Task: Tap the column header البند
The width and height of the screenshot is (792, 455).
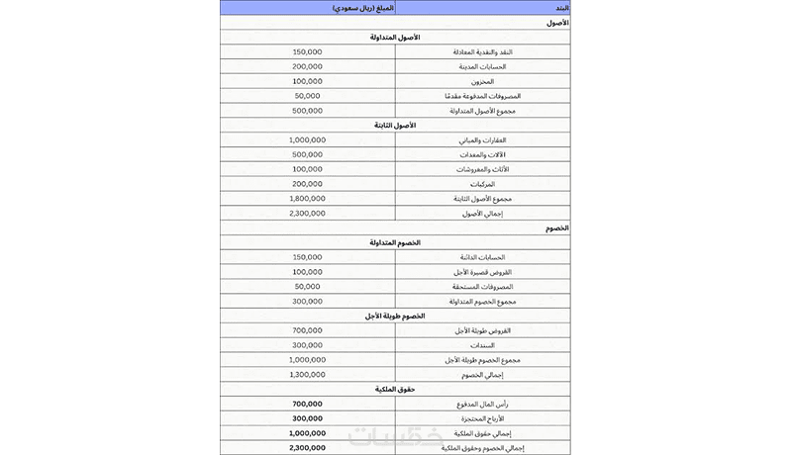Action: (560, 8)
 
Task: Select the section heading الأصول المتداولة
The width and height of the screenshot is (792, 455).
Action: (395, 37)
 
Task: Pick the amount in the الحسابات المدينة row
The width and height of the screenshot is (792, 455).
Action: (307, 66)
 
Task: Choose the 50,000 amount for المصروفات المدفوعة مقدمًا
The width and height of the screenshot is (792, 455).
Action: (307, 96)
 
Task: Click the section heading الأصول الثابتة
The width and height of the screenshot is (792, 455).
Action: (395, 126)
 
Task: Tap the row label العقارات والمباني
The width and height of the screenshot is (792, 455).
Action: (499, 139)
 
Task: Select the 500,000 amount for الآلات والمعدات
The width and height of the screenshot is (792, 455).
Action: (307, 154)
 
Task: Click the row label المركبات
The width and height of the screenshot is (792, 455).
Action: (509, 184)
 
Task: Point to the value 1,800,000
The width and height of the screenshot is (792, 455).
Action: (307, 199)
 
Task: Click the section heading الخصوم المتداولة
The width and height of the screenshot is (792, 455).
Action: (395, 242)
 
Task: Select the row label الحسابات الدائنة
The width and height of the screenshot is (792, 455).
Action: (499, 257)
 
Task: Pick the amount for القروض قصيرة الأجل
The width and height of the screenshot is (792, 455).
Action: (307, 271)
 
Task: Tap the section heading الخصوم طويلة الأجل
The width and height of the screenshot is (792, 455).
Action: (395, 316)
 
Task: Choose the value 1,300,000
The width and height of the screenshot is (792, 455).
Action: (307, 374)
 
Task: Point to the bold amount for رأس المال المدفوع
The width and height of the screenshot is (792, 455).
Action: (307, 404)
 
